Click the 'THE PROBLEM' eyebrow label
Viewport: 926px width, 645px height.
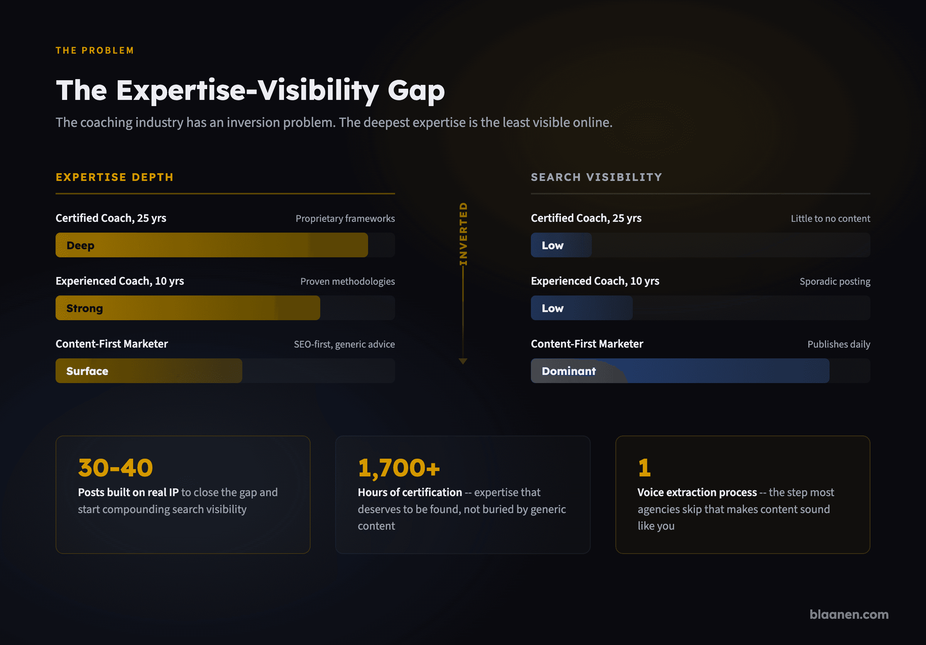point(95,51)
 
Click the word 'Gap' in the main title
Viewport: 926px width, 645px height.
point(416,91)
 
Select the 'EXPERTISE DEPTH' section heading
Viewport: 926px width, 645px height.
point(115,177)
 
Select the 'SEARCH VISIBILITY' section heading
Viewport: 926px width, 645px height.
point(596,177)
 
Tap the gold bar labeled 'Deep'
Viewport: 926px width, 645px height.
point(212,245)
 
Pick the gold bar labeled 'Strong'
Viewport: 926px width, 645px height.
point(188,308)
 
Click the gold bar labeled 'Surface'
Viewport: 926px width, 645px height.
point(149,371)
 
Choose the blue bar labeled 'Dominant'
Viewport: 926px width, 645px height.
point(680,371)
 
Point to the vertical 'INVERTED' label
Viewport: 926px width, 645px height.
point(463,234)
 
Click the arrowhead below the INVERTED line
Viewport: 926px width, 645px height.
point(463,361)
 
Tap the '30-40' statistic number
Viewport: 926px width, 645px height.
point(115,468)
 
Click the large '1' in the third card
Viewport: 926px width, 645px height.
point(644,468)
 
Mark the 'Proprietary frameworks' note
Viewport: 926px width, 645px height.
point(345,218)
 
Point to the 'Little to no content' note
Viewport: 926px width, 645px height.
point(830,218)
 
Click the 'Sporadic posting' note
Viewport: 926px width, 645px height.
point(835,281)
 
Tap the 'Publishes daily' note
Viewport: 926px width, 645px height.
point(839,344)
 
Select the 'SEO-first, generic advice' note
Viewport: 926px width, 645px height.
point(345,344)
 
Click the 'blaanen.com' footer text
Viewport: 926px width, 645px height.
point(849,615)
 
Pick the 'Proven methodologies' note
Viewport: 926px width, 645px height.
point(348,281)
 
